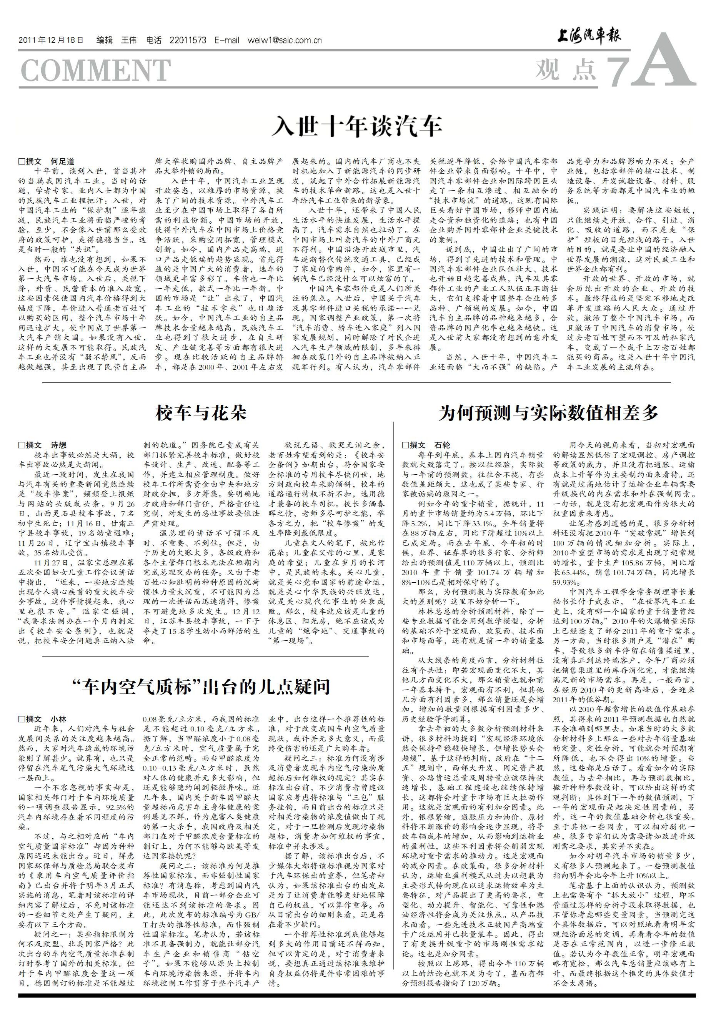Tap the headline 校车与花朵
[201, 413]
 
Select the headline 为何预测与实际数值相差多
[548, 413]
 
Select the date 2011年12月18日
[51, 40]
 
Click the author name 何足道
[62, 162]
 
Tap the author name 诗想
[58, 445]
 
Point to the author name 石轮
[442, 445]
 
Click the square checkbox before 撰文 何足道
[21, 162]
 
